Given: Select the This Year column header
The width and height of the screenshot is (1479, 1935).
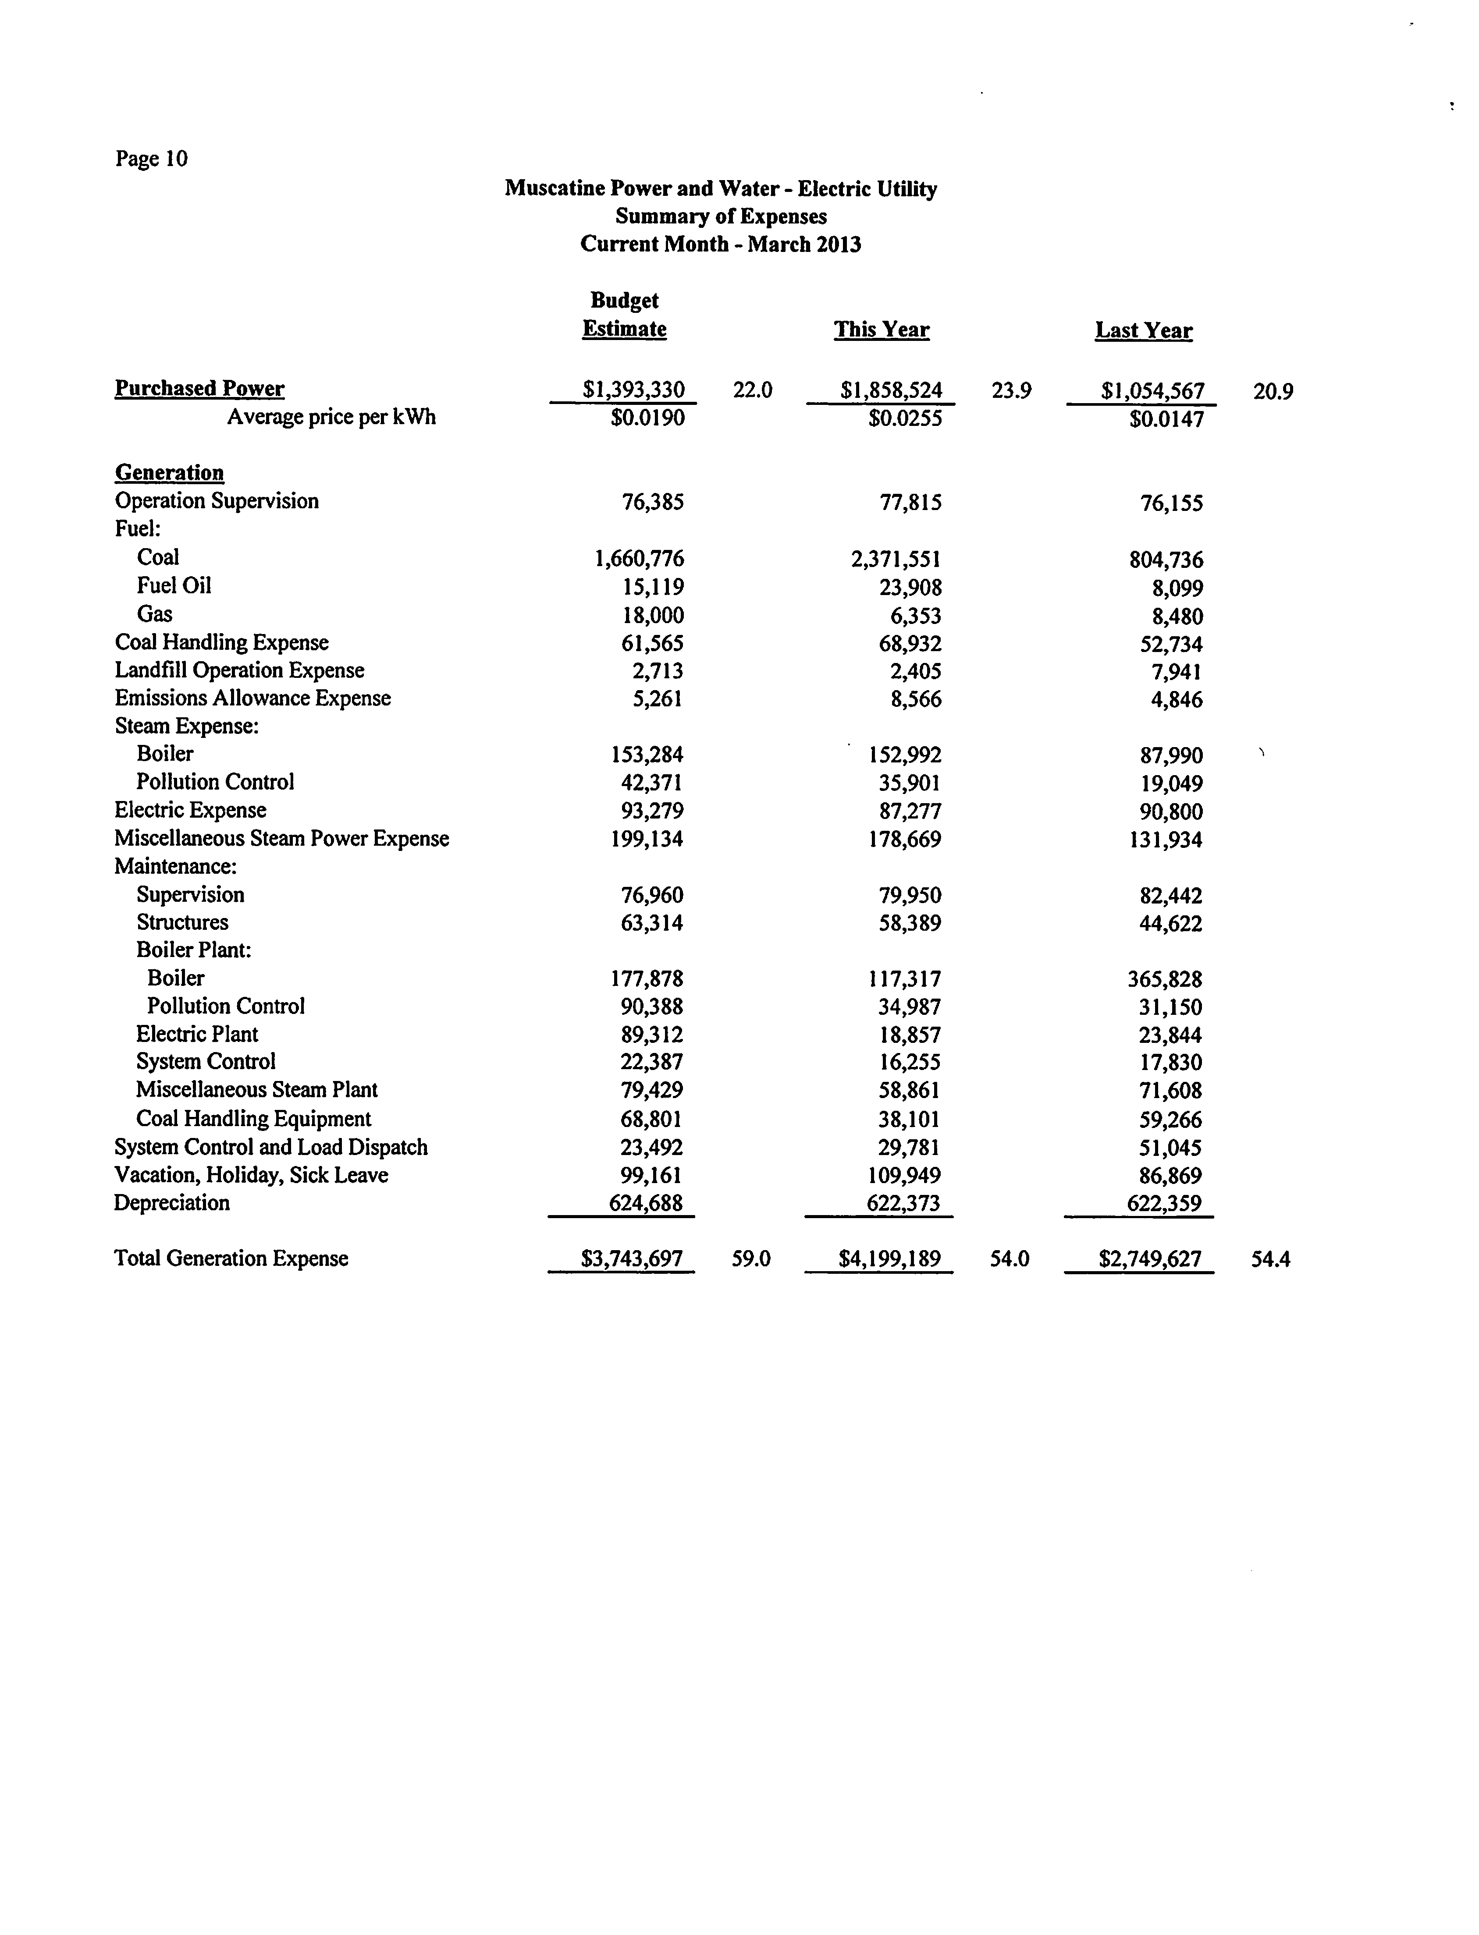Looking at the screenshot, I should pos(881,330).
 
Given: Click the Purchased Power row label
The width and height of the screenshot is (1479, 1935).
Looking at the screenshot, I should pos(200,389).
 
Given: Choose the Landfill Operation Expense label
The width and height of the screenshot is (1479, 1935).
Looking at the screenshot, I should pos(239,670).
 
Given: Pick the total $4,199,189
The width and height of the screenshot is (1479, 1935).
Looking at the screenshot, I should pos(889,1259).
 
